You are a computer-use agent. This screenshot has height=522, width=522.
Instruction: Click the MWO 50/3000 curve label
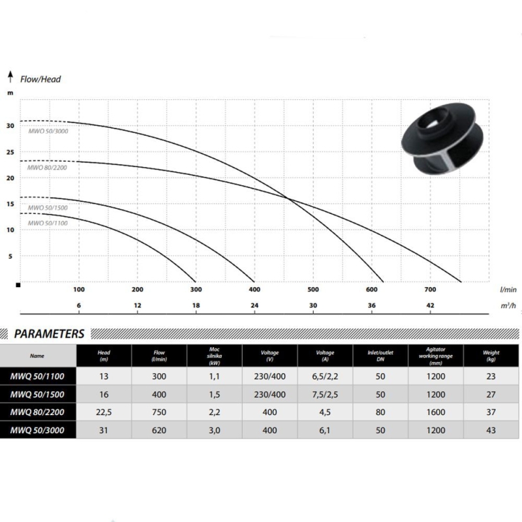point(48,131)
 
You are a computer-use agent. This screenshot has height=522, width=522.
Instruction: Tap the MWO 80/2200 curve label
point(47,168)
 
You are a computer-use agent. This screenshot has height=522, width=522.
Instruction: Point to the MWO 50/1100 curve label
point(48,223)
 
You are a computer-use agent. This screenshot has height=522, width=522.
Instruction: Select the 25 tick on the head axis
point(10,152)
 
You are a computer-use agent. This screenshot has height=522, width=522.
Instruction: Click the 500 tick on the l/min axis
point(313,289)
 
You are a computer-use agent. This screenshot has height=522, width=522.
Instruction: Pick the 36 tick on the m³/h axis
point(371,305)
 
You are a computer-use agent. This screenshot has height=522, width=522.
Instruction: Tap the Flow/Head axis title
point(40,79)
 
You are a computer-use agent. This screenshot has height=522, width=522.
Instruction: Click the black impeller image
point(442,139)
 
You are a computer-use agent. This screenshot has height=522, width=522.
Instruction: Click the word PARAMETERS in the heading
point(50,333)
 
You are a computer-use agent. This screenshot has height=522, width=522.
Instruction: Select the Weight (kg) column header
point(491,356)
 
